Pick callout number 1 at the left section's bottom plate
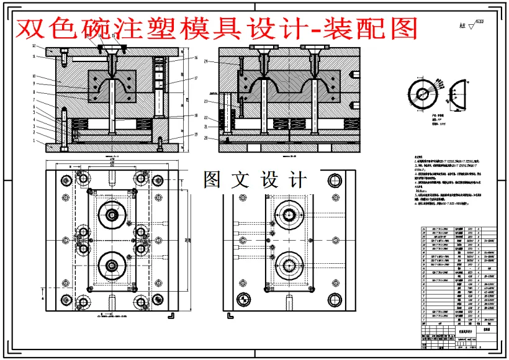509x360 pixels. point(35,141)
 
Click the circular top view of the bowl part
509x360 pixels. point(424,94)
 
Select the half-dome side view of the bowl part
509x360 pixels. point(455,94)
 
